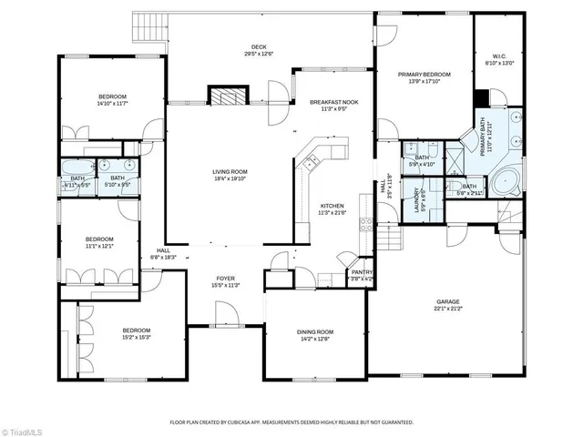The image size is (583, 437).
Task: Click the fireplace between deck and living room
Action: [x=227, y=96]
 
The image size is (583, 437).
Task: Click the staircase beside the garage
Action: [x=390, y=239]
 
